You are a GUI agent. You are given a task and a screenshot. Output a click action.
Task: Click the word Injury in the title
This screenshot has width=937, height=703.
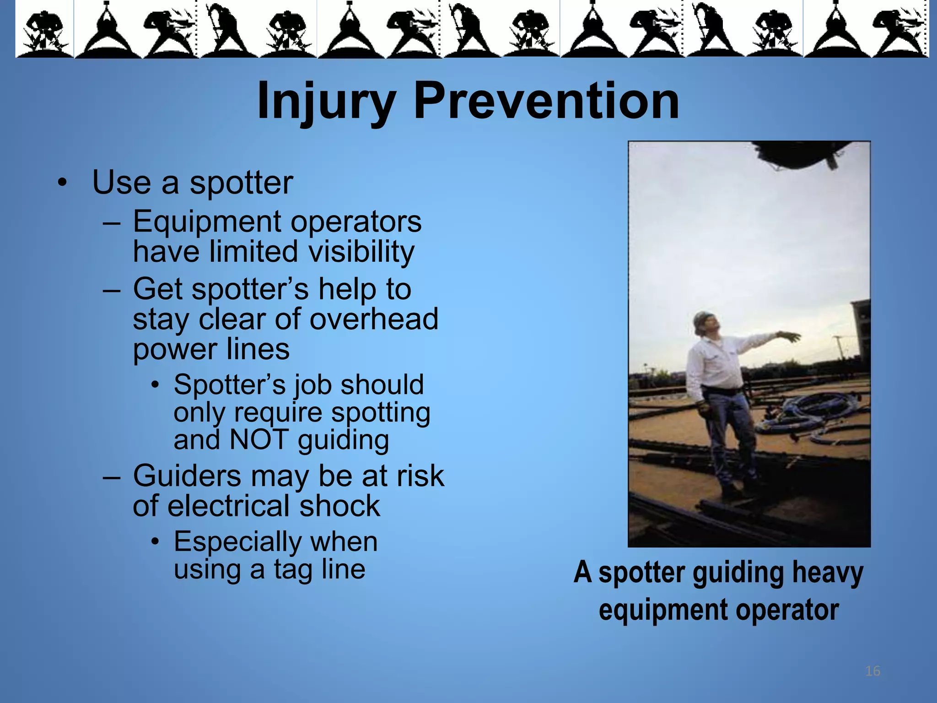(326, 102)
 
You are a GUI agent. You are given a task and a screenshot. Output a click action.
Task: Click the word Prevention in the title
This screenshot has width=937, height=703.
(546, 102)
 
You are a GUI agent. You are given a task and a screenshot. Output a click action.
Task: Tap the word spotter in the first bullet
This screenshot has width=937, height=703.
(241, 183)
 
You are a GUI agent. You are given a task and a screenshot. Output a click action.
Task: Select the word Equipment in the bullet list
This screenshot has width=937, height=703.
(207, 222)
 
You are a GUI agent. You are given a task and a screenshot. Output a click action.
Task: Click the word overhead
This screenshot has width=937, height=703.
(374, 319)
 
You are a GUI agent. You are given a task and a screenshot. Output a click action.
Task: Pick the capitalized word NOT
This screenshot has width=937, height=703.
(259, 440)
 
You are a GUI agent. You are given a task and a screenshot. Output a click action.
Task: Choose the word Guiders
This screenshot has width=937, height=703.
(187, 476)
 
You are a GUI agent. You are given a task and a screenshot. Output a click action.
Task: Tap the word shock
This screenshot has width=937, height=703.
(339, 507)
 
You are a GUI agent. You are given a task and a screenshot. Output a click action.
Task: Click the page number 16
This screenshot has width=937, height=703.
(872, 671)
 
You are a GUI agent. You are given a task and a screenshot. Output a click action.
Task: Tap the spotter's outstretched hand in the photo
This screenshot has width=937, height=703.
(790, 337)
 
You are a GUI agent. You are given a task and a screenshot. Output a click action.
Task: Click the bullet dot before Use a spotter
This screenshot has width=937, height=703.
(62, 184)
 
